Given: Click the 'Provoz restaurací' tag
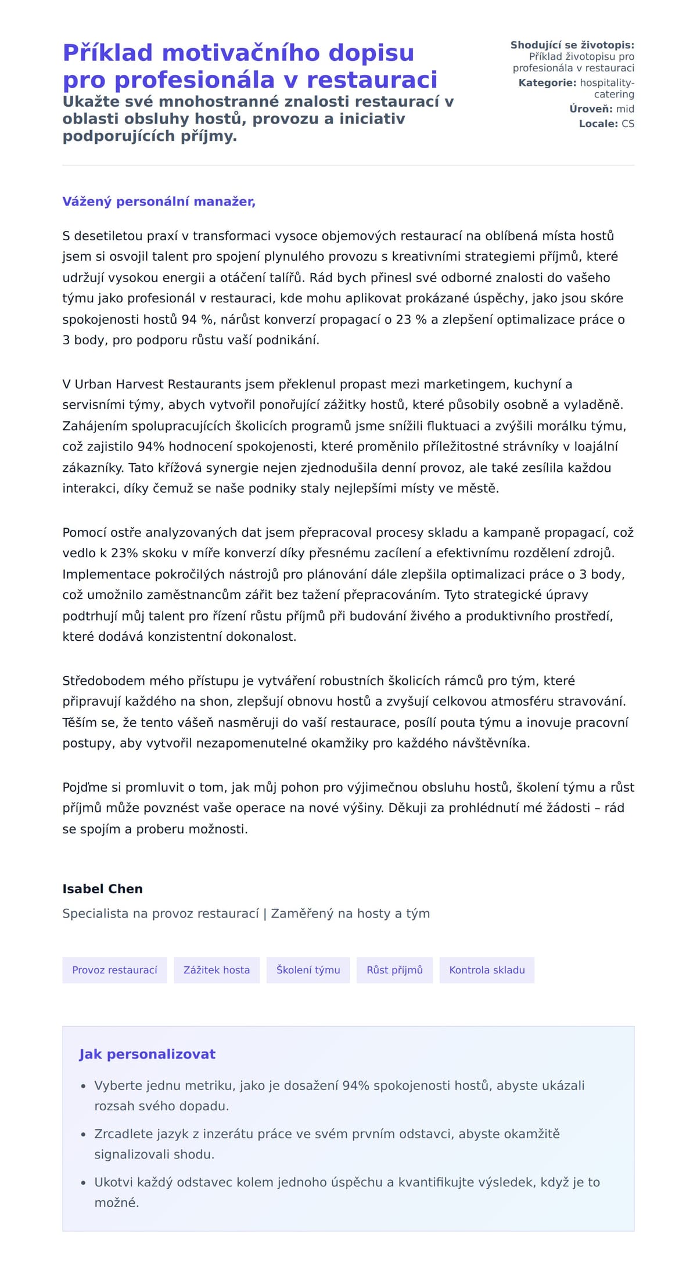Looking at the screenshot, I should (114, 970).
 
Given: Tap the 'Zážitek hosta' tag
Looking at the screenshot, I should (217, 970).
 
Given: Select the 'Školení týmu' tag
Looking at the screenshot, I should (308, 970).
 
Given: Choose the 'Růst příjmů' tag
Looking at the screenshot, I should (394, 970).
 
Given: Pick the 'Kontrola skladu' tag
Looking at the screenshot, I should (487, 970).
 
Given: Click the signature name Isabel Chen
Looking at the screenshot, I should (102, 889).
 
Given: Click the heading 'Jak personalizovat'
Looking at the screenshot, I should (147, 1054).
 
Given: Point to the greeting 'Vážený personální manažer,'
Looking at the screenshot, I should (159, 201).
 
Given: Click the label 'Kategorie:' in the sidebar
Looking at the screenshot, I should (547, 83).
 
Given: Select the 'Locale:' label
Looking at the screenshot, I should (598, 124).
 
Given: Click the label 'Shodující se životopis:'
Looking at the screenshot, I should (572, 45).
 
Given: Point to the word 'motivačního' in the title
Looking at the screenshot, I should (241, 53).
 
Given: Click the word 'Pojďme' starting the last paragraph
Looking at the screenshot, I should (85, 788).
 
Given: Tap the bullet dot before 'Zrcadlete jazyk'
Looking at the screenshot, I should (83, 1135).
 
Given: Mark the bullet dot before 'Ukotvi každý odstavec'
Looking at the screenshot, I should (83, 1183).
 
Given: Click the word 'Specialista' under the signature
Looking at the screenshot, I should (95, 913).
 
